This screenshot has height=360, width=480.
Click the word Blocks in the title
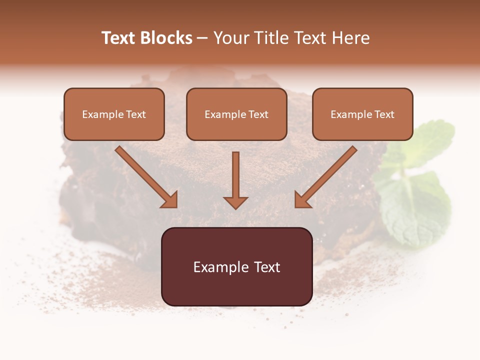pyautogui.click(x=165, y=38)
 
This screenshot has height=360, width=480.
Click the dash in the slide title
pyautogui.click(x=202, y=38)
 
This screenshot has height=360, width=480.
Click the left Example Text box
pyautogui.click(x=114, y=114)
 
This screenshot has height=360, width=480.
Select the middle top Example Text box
pyautogui.click(x=236, y=114)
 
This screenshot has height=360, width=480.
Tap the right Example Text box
pyautogui.click(x=362, y=114)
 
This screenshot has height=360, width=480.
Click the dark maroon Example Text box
pyautogui.click(x=236, y=266)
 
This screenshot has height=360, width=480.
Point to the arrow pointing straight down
pyautogui.click(x=235, y=180)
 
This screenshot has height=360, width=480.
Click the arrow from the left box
pyautogui.click(x=146, y=176)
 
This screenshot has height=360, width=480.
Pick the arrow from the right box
pyautogui.click(x=326, y=176)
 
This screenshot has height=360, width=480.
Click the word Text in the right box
pyautogui.click(x=384, y=114)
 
